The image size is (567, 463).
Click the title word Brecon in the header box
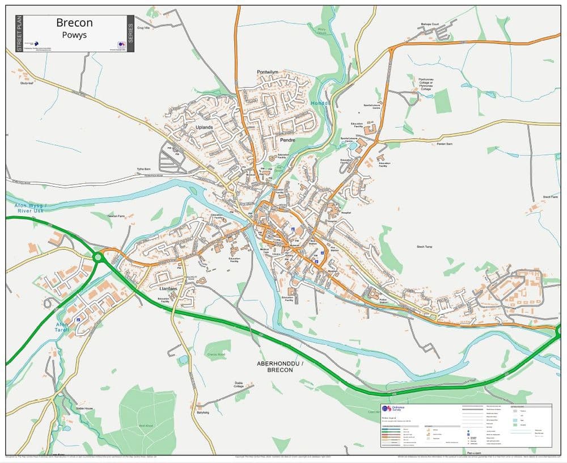(x=74, y=23)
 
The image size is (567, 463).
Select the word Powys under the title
(x=74, y=35)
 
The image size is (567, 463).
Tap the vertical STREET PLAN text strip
(x=19, y=33)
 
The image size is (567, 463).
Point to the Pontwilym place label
(x=268, y=72)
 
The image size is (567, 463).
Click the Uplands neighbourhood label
(x=204, y=127)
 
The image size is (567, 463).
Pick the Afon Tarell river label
(x=62, y=327)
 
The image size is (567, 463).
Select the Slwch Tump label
(x=425, y=247)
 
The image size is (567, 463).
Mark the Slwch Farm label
(x=550, y=197)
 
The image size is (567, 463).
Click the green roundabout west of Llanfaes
(x=98, y=257)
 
